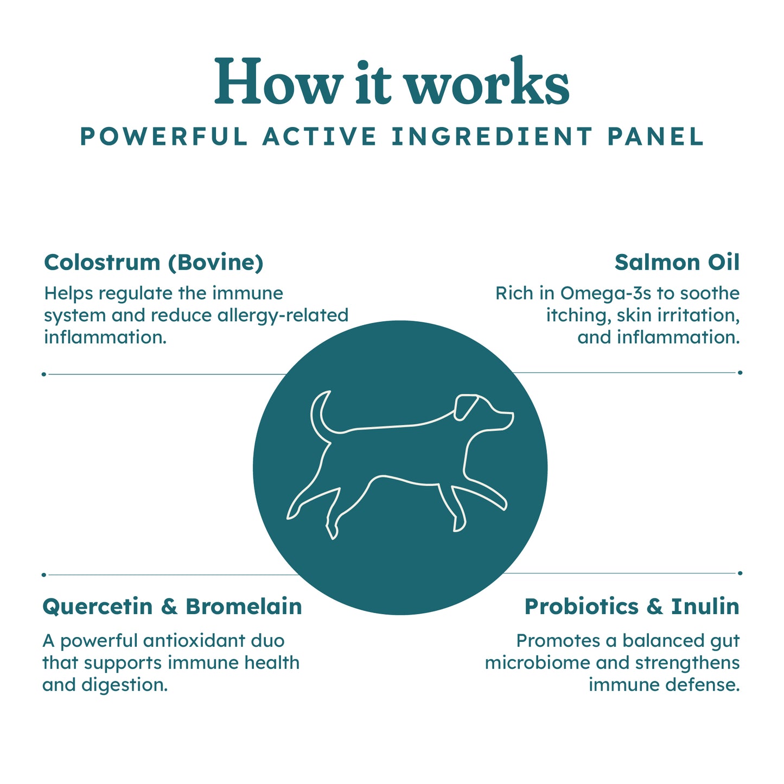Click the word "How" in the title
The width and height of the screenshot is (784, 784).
277,81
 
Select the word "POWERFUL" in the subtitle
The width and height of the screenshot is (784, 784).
164,136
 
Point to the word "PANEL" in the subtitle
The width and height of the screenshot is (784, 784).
655,136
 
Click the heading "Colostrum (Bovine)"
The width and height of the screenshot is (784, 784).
154,263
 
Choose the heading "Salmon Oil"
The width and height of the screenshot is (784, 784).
677,263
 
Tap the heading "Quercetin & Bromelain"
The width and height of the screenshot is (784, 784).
172,607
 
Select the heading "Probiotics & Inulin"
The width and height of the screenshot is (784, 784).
632,606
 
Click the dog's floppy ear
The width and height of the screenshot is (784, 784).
466,406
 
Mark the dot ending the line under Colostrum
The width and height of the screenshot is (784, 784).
44,374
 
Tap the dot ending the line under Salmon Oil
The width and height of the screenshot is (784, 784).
740,373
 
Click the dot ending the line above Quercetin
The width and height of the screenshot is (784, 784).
44,575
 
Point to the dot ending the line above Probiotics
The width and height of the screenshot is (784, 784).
740,573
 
